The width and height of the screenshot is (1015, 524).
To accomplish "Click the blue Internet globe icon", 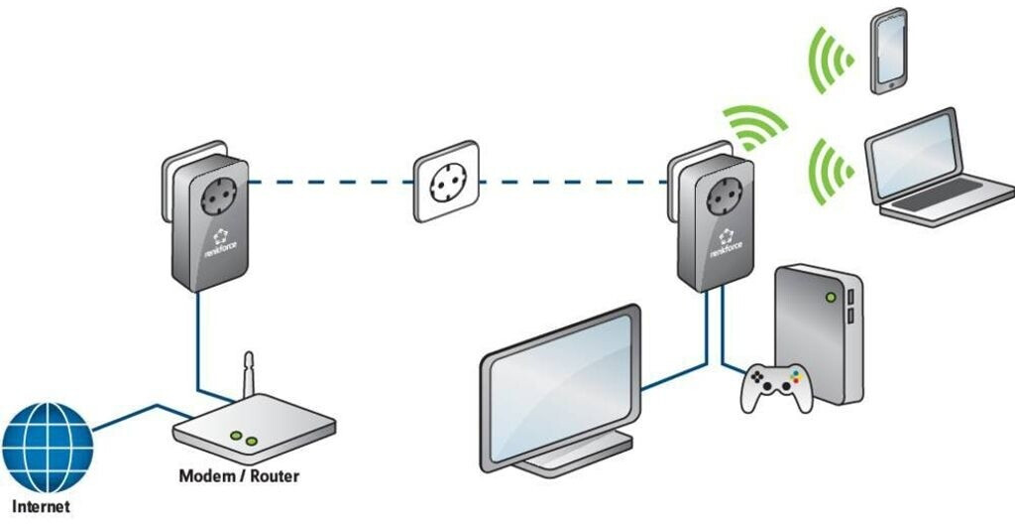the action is tap(48, 448).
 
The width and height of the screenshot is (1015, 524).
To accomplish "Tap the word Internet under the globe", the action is tap(42, 506).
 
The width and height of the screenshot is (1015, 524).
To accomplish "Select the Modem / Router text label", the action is tap(239, 476).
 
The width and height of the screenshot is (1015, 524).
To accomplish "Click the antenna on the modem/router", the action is tap(249, 375).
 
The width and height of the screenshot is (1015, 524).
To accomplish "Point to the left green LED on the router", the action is tap(236, 436).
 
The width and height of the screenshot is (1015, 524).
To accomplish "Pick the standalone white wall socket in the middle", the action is tap(447, 182).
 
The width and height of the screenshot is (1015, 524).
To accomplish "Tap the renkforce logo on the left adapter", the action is tap(221, 243).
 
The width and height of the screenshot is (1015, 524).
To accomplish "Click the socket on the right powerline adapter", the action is tap(725, 196).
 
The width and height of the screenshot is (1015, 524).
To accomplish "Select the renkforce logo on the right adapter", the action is tap(726, 243).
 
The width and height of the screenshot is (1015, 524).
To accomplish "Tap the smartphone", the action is tap(888, 51).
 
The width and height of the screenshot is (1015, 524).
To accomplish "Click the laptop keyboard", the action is tap(939, 195).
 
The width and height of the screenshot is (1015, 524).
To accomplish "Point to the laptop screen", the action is tap(913, 155).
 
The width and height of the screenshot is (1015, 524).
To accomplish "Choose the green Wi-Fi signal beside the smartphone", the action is tap(830, 60).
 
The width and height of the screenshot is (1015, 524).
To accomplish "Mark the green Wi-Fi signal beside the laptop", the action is tap(832, 172).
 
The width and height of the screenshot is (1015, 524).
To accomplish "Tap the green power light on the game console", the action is tap(830, 297).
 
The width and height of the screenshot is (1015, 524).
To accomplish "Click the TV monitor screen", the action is tap(561, 388).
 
